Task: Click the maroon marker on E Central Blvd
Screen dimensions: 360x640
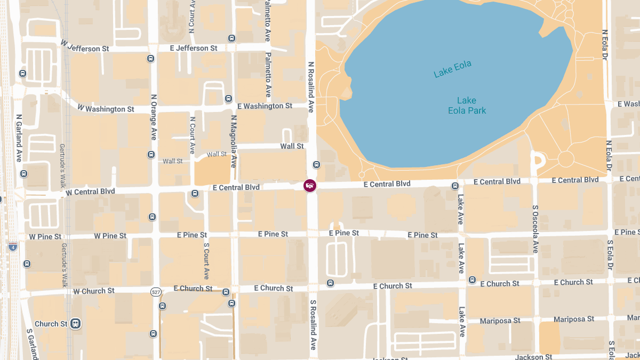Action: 309,186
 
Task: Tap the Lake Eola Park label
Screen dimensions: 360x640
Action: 467,106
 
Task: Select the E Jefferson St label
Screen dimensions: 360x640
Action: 193,48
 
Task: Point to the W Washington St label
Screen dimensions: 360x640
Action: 106,109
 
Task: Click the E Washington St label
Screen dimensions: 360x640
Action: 265,106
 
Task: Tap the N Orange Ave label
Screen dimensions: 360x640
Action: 154,117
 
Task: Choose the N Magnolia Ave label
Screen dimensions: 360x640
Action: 233,141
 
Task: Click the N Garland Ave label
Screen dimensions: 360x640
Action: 19,138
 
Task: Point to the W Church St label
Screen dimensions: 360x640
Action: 94,291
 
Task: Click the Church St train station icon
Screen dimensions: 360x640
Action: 76,324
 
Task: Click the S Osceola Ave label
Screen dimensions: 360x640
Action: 535,229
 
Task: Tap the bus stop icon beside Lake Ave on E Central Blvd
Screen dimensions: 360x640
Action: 455,186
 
